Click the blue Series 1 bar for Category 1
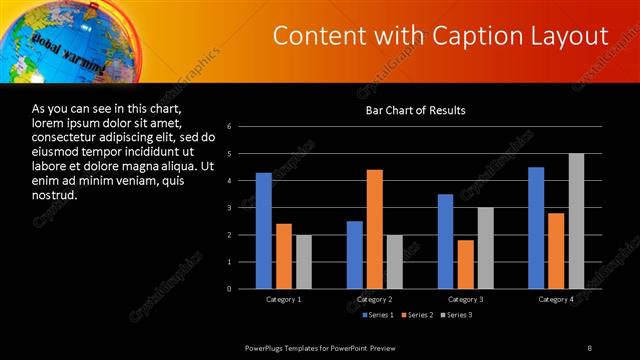pyautogui.click(x=263, y=231)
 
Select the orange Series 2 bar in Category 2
pyautogui.click(x=375, y=229)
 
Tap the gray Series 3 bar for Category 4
pyautogui.click(x=576, y=221)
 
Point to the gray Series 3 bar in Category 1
pyautogui.click(x=303, y=262)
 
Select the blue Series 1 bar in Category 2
pyautogui.click(x=355, y=255)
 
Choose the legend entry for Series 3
pyautogui.click(x=456, y=315)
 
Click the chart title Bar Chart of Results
pyautogui.click(x=415, y=110)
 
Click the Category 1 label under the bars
pyautogui.click(x=284, y=299)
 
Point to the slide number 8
pyautogui.click(x=590, y=347)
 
